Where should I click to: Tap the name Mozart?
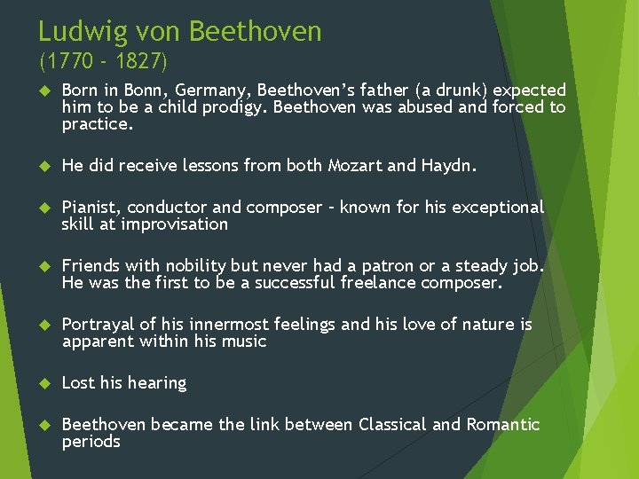click(x=355, y=166)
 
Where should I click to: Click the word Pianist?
click(x=91, y=208)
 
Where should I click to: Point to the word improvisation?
click(x=174, y=224)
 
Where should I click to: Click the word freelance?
click(x=379, y=283)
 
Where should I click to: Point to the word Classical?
click(x=392, y=425)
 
